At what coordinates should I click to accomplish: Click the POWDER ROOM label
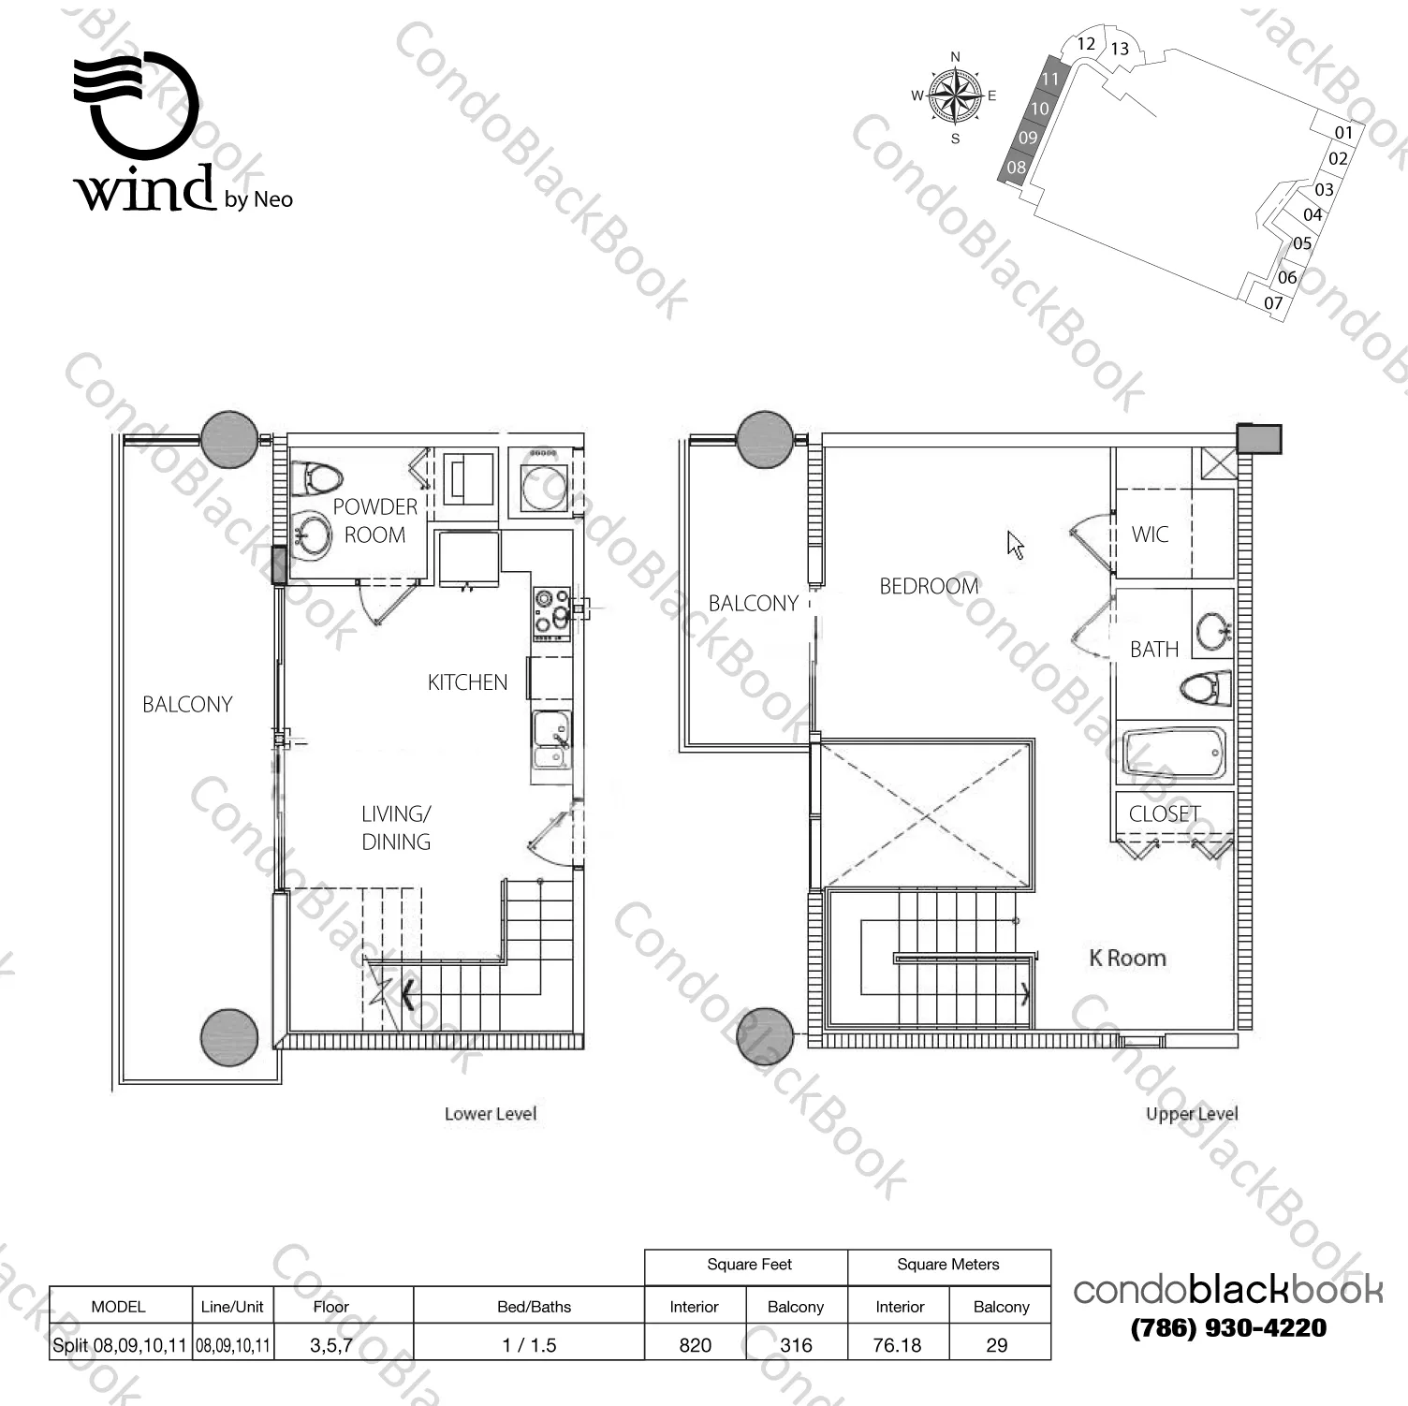click(x=374, y=520)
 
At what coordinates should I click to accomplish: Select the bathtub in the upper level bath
click(x=1174, y=753)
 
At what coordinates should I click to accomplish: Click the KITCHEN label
click(x=467, y=682)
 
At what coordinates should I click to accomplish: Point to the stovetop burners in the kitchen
click(x=551, y=612)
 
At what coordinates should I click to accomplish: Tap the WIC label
click(x=1150, y=535)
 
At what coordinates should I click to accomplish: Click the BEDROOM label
click(x=929, y=586)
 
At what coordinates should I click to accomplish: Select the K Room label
click(x=1128, y=958)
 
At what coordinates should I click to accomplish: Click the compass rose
click(x=955, y=95)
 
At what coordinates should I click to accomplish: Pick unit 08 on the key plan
click(x=1016, y=168)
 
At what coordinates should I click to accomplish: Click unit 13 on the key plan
click(x=1120, y=49)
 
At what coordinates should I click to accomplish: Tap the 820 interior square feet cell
click(x=695, y=1345)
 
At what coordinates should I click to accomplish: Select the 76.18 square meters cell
click(x=897, y=1345)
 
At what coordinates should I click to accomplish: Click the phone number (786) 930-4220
click(x=1228, y=1327)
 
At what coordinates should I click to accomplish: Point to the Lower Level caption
click(x=491, y=1114)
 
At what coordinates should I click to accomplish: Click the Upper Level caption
click(x=1192, y=1114)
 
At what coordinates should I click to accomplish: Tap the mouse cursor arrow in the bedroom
click(x=1016, y=545)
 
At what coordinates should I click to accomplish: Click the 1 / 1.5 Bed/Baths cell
click(x=529, y=1345)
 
